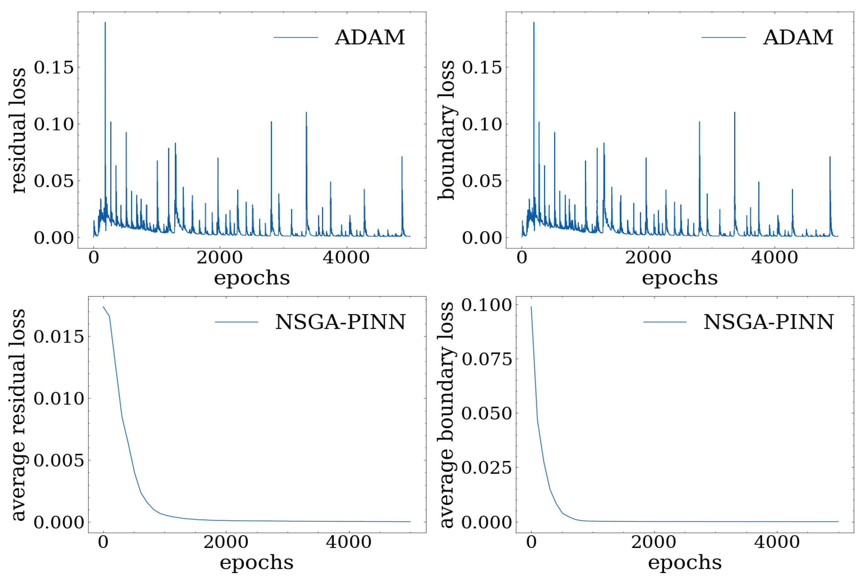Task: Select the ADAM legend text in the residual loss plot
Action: pos(370,37)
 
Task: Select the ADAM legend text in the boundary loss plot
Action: pos(798,37)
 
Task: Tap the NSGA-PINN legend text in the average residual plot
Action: pos(340,322)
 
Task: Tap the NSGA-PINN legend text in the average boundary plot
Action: pos(768,322)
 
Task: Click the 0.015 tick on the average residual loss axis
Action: pos(59,337)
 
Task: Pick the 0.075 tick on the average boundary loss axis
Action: pos(487,359)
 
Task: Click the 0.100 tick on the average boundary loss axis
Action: pos(487,305)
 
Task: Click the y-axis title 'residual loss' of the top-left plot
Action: pos(19,130)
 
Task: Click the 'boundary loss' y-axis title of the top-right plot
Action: pos(446,130)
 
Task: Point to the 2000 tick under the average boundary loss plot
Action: pos(654,542)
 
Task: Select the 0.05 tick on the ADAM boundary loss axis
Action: pos(482,181)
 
